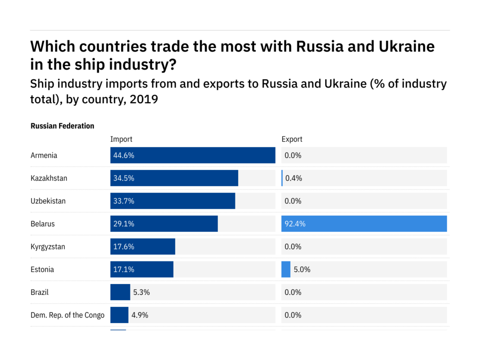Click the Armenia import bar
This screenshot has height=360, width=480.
click(192, 155)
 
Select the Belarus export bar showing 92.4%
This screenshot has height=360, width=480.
click(364, 224)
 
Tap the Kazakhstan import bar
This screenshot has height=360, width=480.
click(174, 178)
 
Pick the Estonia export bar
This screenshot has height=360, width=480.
click(286, 269)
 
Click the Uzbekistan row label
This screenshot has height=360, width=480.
click(48, 201)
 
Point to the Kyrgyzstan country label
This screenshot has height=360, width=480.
click(48, 247)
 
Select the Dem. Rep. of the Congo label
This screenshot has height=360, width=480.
click(68, 315)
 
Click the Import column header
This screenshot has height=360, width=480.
click(121, 139)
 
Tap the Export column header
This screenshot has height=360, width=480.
click(292, 139)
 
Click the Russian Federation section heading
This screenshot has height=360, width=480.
click(62, 126)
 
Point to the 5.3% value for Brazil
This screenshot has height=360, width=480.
click(142, 292)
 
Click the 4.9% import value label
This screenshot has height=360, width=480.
click(140, 315)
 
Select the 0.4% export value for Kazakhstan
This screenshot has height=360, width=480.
click(294, 178)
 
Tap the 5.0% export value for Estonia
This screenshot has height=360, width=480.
click(302, 269)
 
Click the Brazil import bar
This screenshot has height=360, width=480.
click(120, 292)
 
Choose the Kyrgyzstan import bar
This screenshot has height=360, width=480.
click(142, 247)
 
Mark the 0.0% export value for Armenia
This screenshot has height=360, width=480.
click(293, 155)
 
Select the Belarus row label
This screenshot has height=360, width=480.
click(43, 224)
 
